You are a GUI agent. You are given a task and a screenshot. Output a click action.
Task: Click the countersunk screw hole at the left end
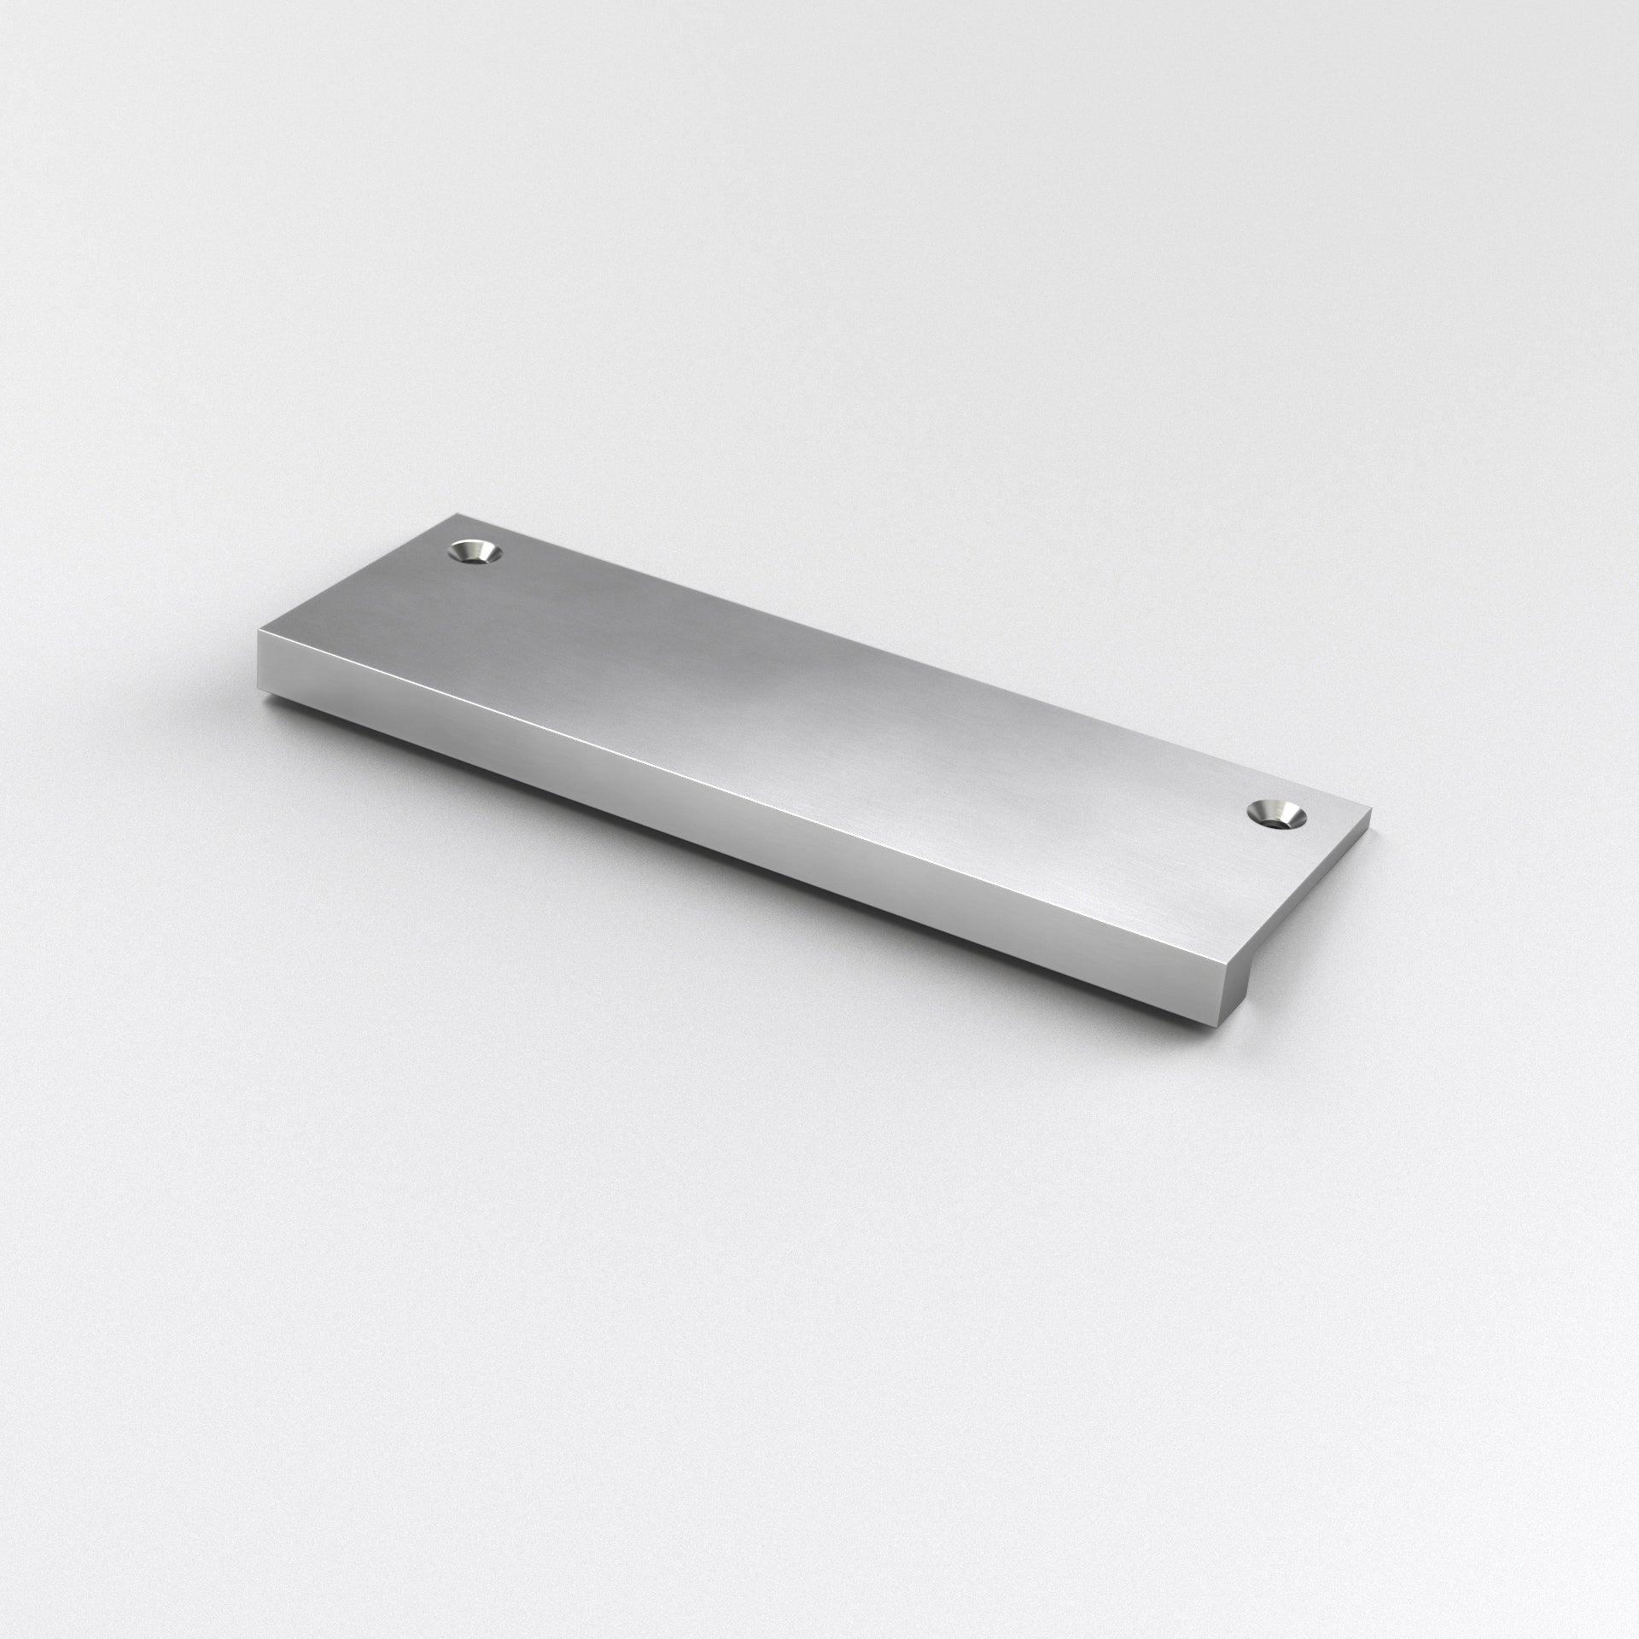tap(475, 552)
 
